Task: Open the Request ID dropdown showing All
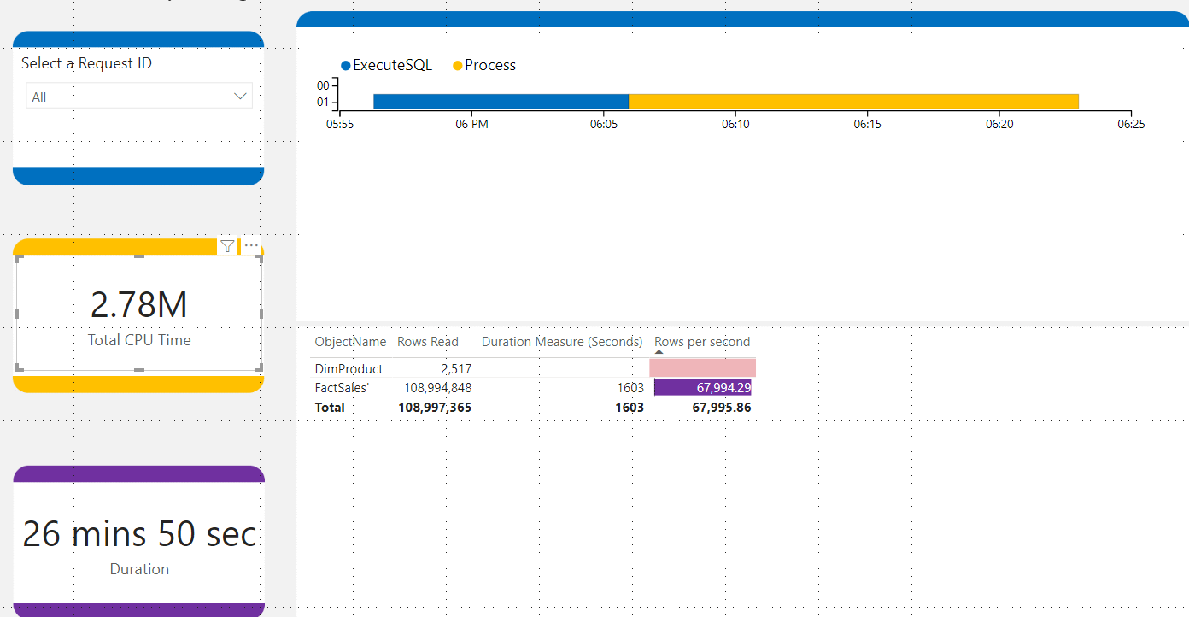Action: point(139,97)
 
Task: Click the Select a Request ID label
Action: point(86,63)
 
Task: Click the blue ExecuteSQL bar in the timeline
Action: point(501,102)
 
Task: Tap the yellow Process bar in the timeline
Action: point(853,102)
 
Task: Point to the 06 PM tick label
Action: point(471,125)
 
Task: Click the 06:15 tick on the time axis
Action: point(867,125)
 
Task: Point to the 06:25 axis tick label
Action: point(1131,125)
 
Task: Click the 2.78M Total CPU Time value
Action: point(139,305)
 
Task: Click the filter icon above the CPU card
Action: point(227,246)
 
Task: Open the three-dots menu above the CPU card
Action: point(251,246)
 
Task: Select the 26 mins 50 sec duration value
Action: point(139,534)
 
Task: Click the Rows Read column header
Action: point(427,342)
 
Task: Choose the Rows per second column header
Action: point(702,342)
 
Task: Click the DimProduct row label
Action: point(348,369)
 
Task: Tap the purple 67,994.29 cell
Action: point(703,388)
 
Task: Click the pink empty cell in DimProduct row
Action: point(702,368)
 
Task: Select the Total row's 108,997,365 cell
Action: point(435,408)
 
